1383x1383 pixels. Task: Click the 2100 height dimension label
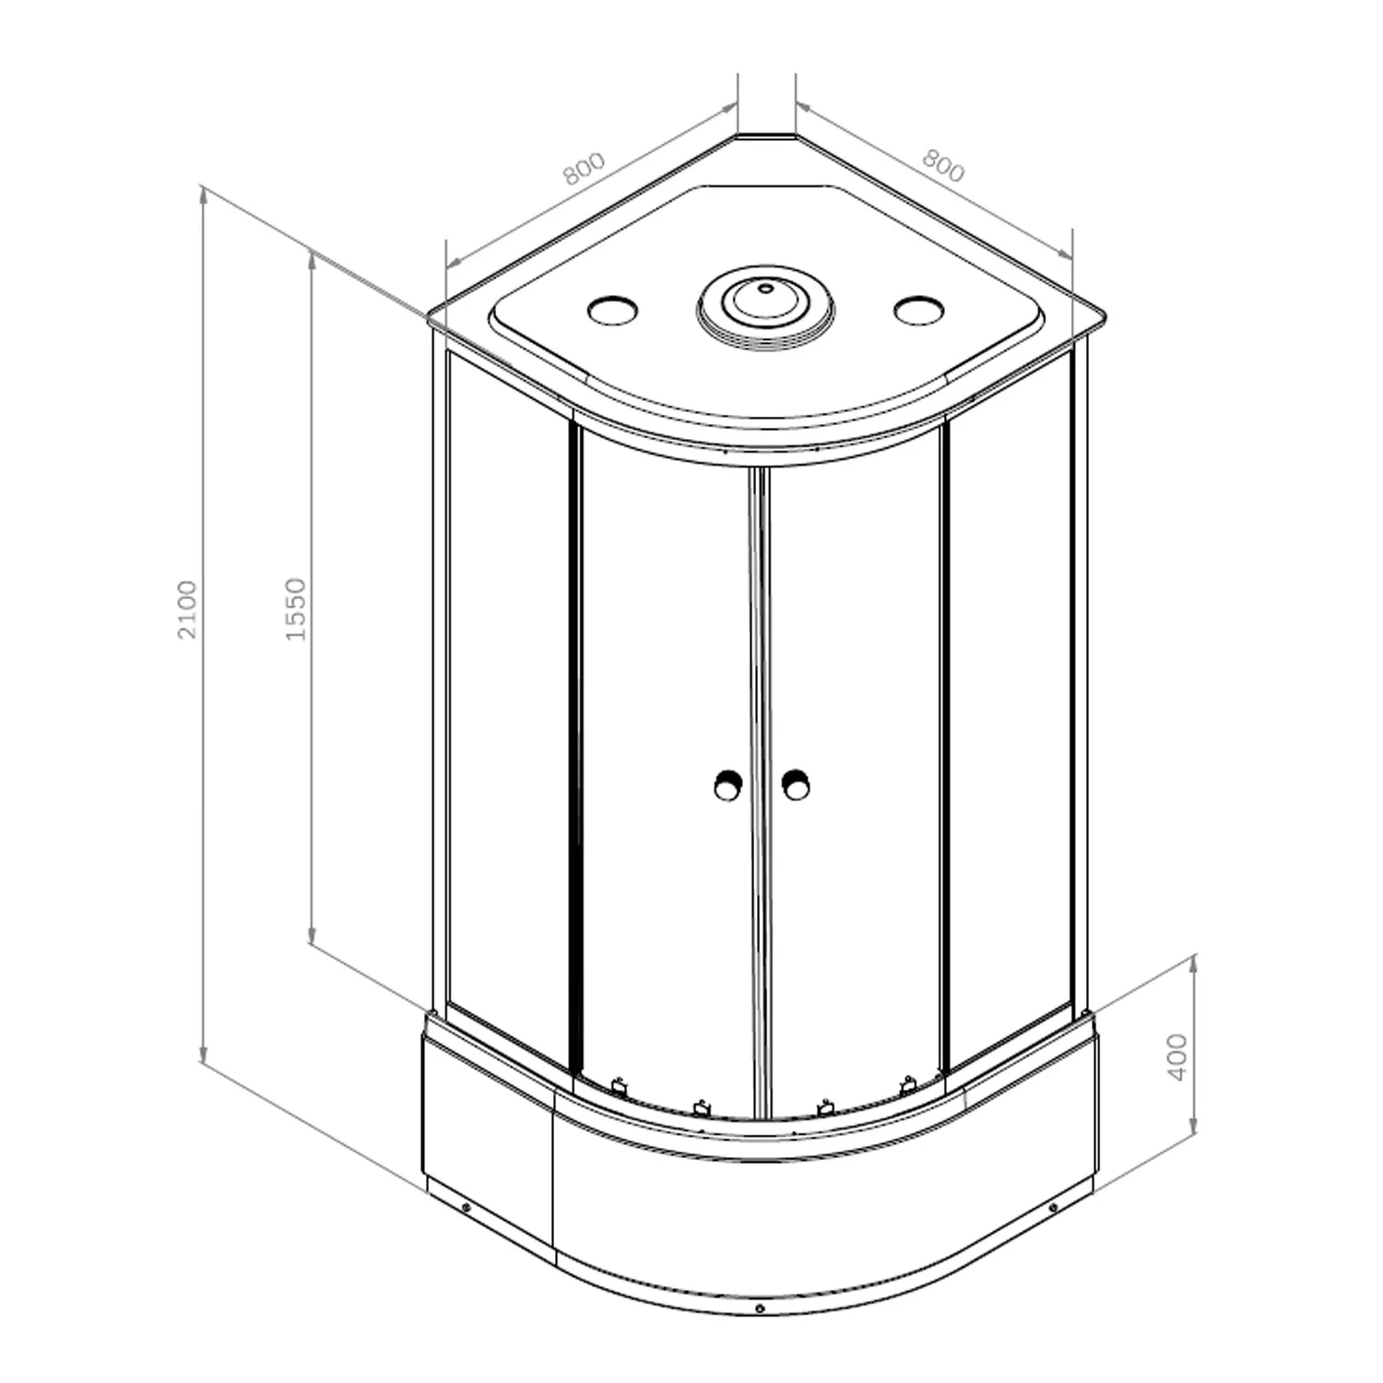[x=188, y=609]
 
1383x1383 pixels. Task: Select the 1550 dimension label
[x=295, y=609]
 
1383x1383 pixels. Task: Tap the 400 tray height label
[x=1177, y=1058]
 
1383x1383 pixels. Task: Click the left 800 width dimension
[x=584, y=168]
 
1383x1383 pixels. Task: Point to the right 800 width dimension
[x=943, y=166]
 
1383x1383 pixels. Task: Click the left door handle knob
[x=727, y=786]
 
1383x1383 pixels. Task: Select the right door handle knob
[x=795, y=786]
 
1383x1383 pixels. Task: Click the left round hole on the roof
[x=612, y=310]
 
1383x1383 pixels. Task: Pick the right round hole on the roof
[x=918, y=310]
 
